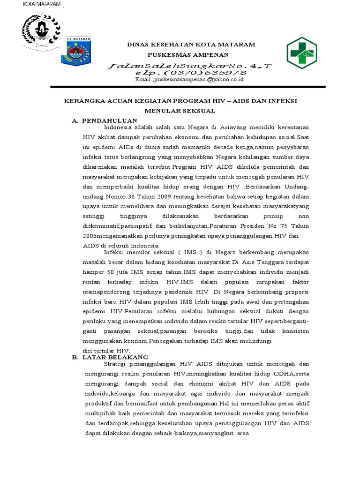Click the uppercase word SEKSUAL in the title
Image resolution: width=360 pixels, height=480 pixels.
pos(199,111)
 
